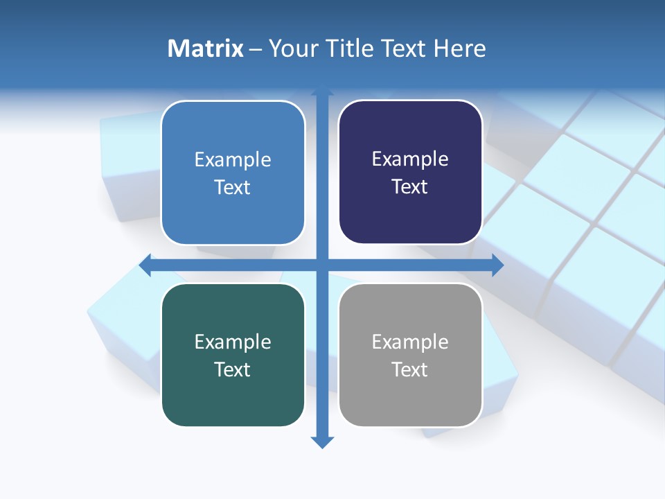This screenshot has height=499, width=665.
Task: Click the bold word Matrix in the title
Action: pos(206,49)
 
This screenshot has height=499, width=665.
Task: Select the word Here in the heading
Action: pos(459,49)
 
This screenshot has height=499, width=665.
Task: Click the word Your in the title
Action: pos(292,49)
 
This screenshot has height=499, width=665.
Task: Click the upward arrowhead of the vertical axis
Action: pos(322,91)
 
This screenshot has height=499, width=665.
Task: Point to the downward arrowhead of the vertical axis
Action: pos(322,441)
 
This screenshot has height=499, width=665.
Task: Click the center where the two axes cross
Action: pos(322,265)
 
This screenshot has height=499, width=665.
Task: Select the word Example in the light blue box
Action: pos(233,160)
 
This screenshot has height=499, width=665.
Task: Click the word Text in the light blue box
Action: pos(233,187)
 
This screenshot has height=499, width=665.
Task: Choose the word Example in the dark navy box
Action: pos(410,159)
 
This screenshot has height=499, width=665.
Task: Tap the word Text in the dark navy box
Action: pos(410,186)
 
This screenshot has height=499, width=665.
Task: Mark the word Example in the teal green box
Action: pos(233,342)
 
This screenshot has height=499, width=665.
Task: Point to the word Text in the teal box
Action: pos(233,369)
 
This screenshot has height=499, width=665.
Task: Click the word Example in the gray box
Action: pos(410,342)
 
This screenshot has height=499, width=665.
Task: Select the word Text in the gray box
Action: pos(410,369)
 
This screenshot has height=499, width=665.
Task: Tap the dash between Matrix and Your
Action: pos(256,49)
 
